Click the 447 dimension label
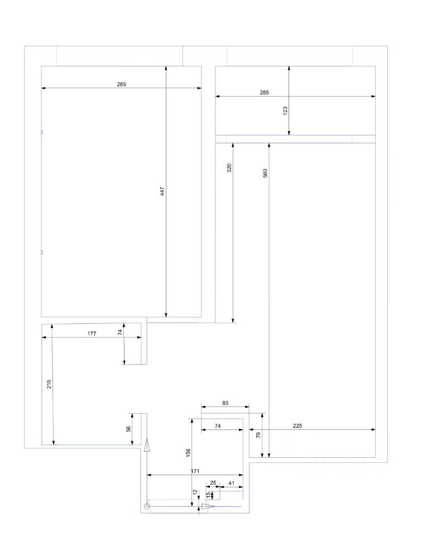(162, 192)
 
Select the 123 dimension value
(285, 111)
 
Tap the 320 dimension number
(229, 168)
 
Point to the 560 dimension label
(265, 173)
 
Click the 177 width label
(92, 334)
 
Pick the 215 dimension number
(49, 384)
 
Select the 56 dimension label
(128, 429)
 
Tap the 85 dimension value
(225, 403)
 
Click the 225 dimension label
(298, 425)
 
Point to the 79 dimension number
(258, 435)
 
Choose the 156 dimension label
(188, 453)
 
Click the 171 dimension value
(195, 471)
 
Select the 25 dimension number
(213, 483)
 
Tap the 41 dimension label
(231, 483)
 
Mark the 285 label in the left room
(121, 84)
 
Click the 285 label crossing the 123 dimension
(264, 92)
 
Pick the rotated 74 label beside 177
(120, 332)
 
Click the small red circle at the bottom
(147, 506)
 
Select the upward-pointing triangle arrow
(147, 446)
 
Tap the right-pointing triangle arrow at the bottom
(208, 506)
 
